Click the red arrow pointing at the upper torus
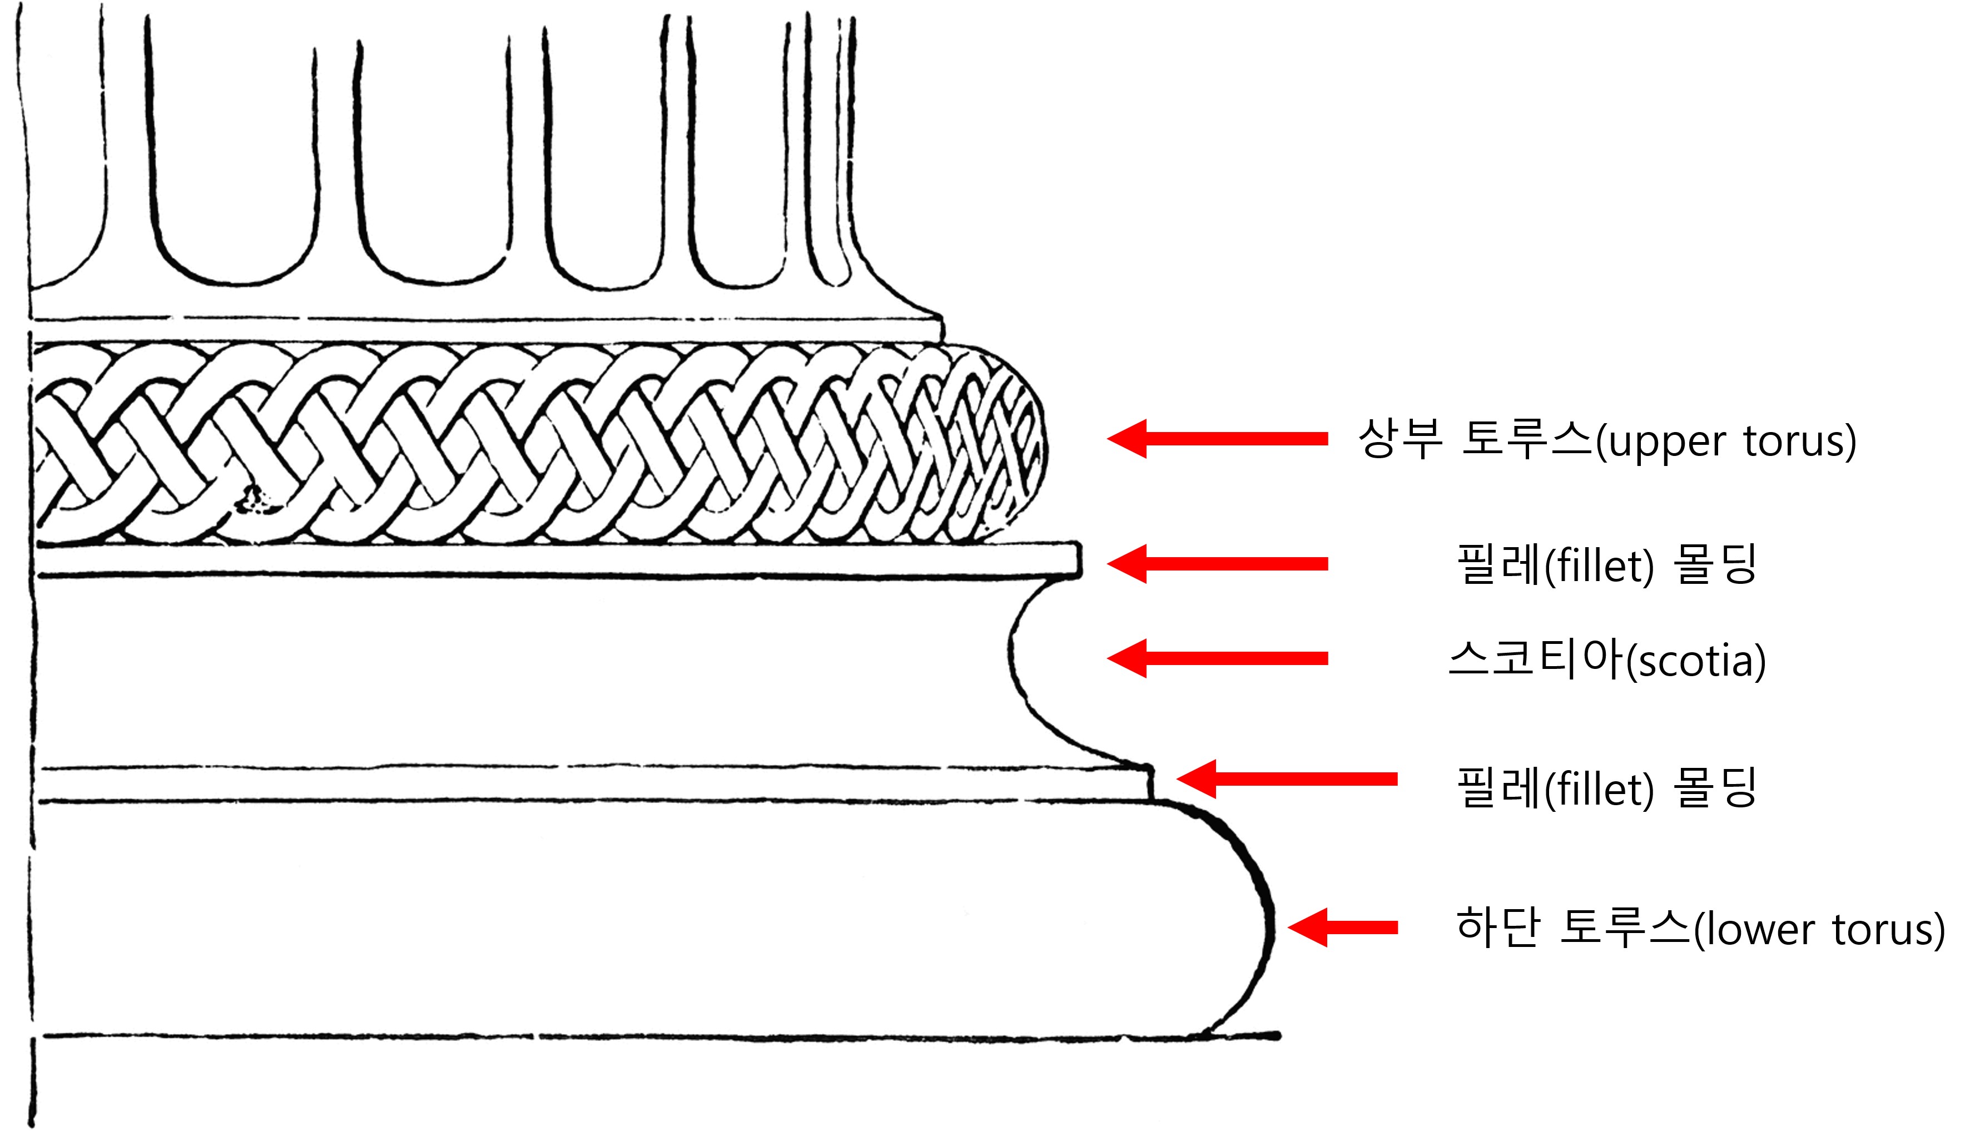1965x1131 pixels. point(1217,439)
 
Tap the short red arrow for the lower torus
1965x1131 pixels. point(1342,927)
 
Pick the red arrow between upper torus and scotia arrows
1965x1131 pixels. point(1217,564)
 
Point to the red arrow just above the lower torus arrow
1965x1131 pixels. point(1287,779)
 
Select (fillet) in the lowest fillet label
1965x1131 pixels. point(1599,788)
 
